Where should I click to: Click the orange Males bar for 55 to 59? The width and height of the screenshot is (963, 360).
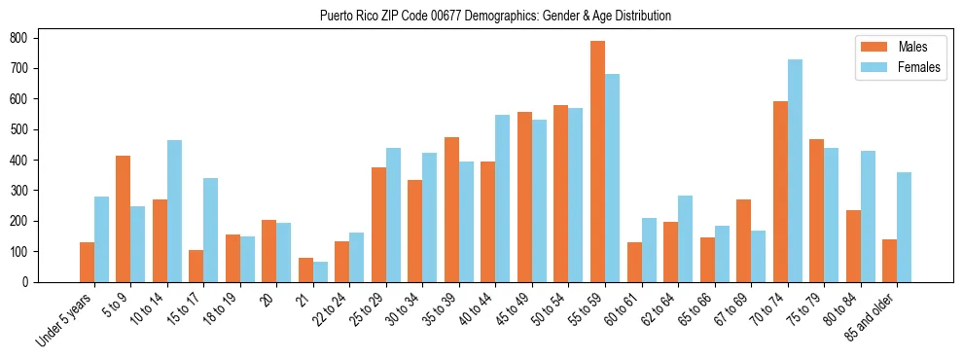(x=597, y=162)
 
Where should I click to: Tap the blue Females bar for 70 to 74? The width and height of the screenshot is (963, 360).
(x=795, y=170)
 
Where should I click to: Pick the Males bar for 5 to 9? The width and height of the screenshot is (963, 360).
(x=124, y=219)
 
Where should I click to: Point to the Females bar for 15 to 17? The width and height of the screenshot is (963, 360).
(x=211, y=230)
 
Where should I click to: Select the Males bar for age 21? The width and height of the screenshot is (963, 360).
(x=305, y=270)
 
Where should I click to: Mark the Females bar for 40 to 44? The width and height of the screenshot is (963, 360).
(x=503, y=198)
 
